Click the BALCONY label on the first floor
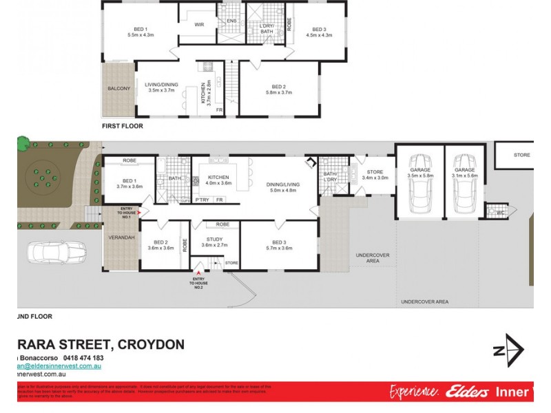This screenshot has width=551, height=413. [119, 89]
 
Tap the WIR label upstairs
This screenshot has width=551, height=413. [200, 25]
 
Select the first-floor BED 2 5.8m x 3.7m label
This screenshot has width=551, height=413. [279, 89]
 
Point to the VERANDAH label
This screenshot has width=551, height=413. [119, 237]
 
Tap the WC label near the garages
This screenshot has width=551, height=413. [500, 213]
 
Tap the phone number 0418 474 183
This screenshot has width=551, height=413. [83, 358]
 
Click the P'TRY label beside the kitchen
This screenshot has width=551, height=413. [202, 200]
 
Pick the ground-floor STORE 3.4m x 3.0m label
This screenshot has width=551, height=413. [374, 174]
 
